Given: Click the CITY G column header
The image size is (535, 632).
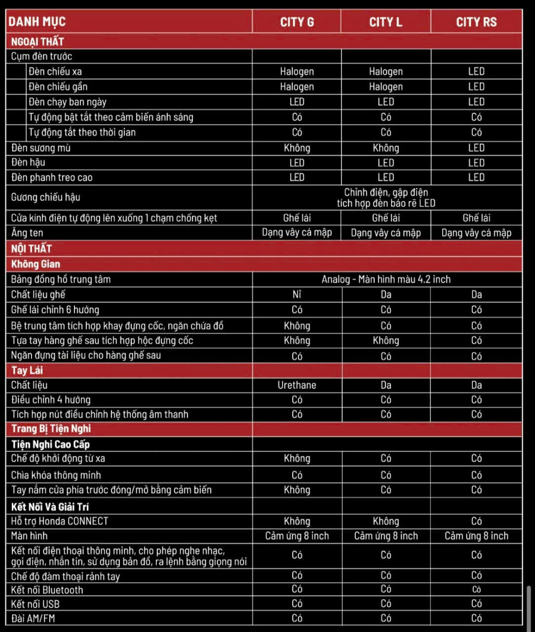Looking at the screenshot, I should click(297, 22).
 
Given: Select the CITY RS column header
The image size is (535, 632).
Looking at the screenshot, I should click(476, 22).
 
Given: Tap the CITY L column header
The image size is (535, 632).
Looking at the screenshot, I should click(385, 22).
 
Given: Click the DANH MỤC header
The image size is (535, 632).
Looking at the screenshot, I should click(37, 21).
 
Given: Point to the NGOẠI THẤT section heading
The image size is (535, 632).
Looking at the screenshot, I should click(38, 41).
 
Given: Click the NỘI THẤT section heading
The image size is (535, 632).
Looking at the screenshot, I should click(32, 248).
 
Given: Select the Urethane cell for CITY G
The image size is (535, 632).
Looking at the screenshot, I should click(297, 385).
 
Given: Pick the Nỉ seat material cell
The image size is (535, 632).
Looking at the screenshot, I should click(297, 295).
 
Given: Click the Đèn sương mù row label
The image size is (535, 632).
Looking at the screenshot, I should click(41, 148).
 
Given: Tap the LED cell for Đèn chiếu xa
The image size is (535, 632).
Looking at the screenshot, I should click(476, 72).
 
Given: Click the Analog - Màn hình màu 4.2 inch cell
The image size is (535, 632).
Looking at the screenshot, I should click(386, 279).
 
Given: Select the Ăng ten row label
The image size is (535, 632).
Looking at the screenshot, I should click(27, 233).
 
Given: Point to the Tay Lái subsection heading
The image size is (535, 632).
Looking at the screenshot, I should click(27, 370).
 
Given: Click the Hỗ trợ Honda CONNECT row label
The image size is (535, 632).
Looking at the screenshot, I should click(60, 521).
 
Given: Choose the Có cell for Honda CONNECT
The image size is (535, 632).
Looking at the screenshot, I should click(476, 521).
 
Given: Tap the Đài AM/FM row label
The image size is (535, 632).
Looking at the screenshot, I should click(33, 618).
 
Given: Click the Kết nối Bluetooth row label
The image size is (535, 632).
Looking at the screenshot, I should click(47, 590).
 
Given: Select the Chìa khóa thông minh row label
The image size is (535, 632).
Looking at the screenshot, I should click(56, 475).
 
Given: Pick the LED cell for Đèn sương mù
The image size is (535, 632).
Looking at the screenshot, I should click(476, 148).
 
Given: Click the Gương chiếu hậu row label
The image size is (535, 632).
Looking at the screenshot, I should click(46, 197).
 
